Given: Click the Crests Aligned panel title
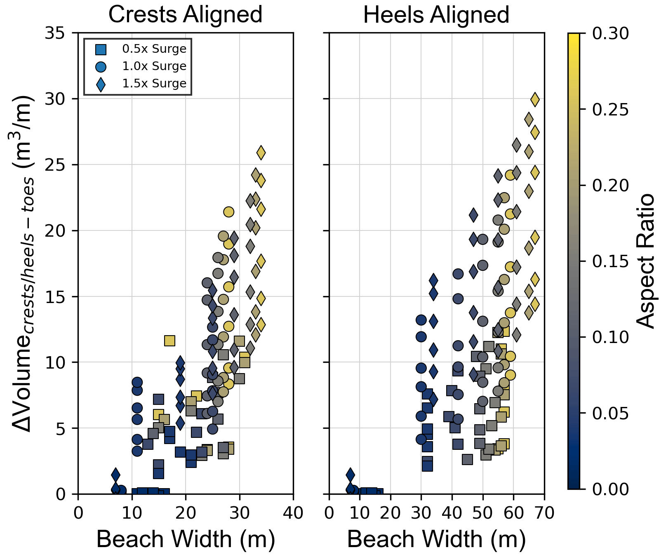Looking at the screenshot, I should pyautogui.click(x=185, y=15).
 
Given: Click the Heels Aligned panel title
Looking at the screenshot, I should pyautogui.click(x=436, y=15).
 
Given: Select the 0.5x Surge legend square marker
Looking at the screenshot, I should pyautogui.click(x=101, y=49).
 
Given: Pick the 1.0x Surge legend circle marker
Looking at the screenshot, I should pyautogui.click(x=101, y=67).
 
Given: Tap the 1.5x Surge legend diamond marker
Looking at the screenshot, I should pyautogui.click(x=101, y=84).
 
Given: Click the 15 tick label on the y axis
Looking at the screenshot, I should pyautogui.click(x=55, y=296).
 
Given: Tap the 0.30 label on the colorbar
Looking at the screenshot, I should pyautogui.click(x=611, y=33).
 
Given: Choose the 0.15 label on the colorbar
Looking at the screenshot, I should pyautogui.click(x=611, y=261).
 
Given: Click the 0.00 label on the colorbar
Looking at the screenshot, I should pyautogui.click(x=611, y=489).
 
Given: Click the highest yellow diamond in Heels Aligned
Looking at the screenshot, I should pyautogui.click(x=535, y=99).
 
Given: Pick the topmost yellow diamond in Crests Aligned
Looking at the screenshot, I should pyautogui.click(x=261, y=153).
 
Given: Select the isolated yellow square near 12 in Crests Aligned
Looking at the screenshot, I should pyautogui.click(x=169, y=341).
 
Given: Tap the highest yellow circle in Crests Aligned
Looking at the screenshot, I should pyautogui.click(x=228, y=212).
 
